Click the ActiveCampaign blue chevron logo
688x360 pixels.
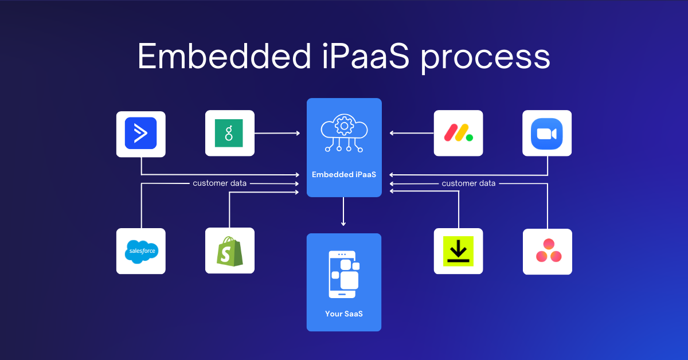(x=140, y=134)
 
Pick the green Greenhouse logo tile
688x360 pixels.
(x=229, y=133)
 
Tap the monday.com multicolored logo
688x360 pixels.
(x=458, y=133)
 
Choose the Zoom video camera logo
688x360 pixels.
(x=547, y=133)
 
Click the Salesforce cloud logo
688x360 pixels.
(x=140, y=251)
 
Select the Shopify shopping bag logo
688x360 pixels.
(x=229, y=251)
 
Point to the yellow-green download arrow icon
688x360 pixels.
(x=458, y=251)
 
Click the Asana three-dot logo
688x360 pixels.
(x=547, y=251)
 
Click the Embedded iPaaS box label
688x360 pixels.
(x=344, y=174)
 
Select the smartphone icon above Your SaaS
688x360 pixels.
(x=344, y=274)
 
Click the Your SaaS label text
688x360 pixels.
(x=344, y=314)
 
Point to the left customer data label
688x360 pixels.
(x=220, y=183)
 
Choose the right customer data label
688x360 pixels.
(x=468, y=183)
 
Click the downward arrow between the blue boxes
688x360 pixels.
(x=344, y=213)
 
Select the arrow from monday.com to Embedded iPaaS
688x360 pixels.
(x=411, y=134)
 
